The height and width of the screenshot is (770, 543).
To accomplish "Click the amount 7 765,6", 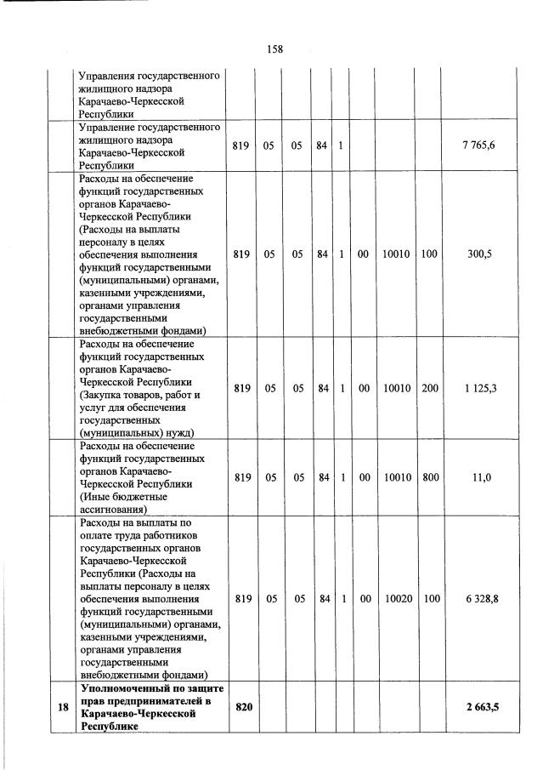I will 478,145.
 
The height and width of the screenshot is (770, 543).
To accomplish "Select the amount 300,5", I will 478,254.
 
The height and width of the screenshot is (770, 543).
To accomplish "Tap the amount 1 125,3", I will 478,388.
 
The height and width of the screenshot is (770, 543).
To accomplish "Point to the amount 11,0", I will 480,477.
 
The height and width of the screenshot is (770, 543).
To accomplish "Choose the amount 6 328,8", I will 478,599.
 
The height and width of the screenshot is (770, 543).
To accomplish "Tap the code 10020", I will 398,599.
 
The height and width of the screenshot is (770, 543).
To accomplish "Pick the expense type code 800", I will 431,477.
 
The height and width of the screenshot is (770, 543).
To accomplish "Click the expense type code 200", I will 431,388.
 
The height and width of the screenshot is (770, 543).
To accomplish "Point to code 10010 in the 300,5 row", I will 396,254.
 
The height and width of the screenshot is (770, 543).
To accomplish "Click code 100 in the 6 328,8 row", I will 431,599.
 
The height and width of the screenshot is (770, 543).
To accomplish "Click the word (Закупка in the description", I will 102,395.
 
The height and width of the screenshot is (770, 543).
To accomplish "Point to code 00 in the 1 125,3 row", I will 363,388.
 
